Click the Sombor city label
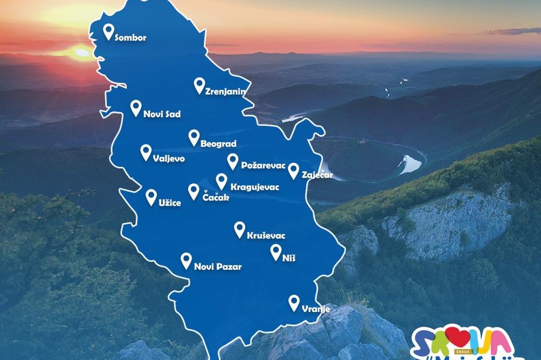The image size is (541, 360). (131, 38)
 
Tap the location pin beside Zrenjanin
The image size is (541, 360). (200, 85)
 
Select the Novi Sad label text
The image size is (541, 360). (162, 115)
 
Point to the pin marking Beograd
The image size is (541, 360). (194, 137)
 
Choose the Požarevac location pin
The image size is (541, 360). (233, 161)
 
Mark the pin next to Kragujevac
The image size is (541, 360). (221, 181)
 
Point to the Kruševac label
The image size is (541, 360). (266, 236)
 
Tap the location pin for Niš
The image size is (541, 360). (275, 252)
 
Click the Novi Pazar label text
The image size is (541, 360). (217, 266)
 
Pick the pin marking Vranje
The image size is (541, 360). (294, 303)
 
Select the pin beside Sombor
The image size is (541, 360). (109, 31)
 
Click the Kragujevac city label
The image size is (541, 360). (254, 188)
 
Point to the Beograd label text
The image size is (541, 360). (219, 145)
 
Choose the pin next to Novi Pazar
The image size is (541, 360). (186, 261)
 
